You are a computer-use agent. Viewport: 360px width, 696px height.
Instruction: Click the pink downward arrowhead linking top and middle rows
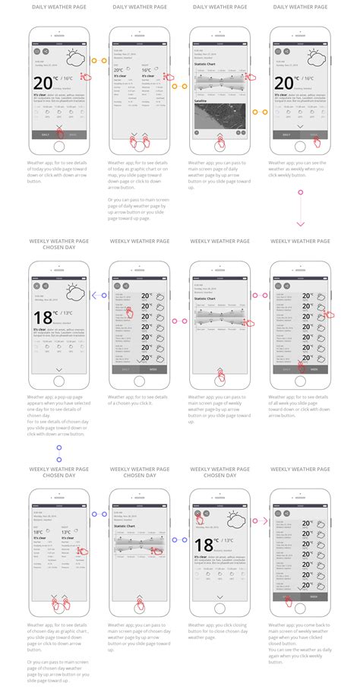[x=300, y=224]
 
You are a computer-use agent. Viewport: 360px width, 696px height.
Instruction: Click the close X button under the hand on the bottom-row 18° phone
[x=197, y=514]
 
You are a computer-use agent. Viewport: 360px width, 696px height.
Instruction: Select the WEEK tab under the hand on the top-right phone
[x=313, y=134]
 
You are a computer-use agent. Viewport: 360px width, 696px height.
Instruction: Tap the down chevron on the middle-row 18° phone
[x=58, y=369]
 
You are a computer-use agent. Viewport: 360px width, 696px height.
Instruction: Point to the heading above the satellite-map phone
[x=219, y=6]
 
